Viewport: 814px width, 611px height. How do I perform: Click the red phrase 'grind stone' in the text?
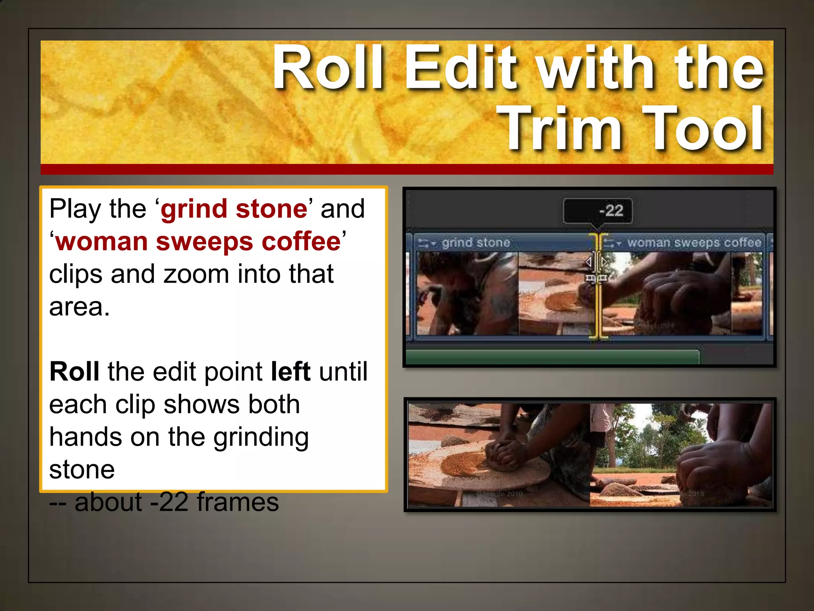(234, 208)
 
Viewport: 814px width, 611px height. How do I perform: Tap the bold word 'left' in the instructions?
(290, 372)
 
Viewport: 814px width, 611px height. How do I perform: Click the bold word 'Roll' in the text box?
(74, 372)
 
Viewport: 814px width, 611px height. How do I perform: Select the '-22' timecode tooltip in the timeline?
(597, 210)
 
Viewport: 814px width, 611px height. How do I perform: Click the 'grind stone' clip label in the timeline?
(476, 243)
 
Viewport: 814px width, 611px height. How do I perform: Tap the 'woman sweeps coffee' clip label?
(694, 243)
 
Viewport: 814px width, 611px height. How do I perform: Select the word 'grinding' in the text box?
(261, 437)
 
